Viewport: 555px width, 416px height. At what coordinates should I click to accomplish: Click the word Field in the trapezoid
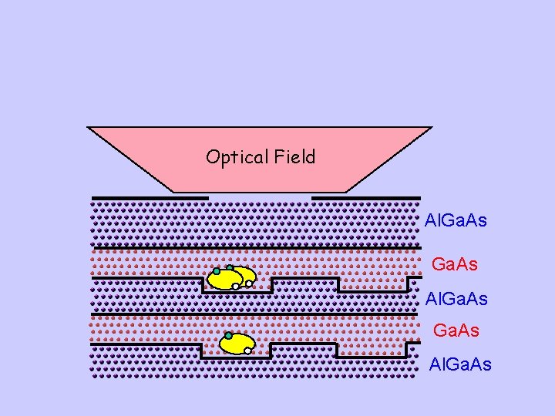pos(294,157)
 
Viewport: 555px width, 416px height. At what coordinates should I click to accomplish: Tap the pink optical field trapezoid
pos(259,173)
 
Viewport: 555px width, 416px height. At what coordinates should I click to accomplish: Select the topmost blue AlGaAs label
pos(456,220)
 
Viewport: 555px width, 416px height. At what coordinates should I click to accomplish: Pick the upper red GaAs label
pos(454,264)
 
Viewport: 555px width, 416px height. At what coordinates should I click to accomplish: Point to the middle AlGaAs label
pos(456,298)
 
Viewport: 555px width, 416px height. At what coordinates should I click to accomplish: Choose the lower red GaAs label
pos(456,330)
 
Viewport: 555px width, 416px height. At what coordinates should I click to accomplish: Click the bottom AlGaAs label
pos(459,364)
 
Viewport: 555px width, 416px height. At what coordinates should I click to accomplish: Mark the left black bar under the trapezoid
pos(150,197)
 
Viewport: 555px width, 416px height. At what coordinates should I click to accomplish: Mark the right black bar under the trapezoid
pos(366,197)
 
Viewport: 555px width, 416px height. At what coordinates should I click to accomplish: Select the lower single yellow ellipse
pos(238,344)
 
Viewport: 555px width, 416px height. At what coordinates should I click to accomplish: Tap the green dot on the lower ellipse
pos(227,336)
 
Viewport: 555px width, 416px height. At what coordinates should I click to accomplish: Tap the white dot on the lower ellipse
pos(247,351)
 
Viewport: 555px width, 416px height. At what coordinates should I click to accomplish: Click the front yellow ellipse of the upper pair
pos(225,279)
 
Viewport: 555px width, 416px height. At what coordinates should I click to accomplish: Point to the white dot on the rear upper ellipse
pos(249,283)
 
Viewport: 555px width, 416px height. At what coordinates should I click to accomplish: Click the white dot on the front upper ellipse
pos(235,287)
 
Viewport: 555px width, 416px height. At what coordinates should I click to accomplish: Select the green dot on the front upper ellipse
pos(217,271)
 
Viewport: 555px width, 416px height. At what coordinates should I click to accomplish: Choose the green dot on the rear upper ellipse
pos(230,268)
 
